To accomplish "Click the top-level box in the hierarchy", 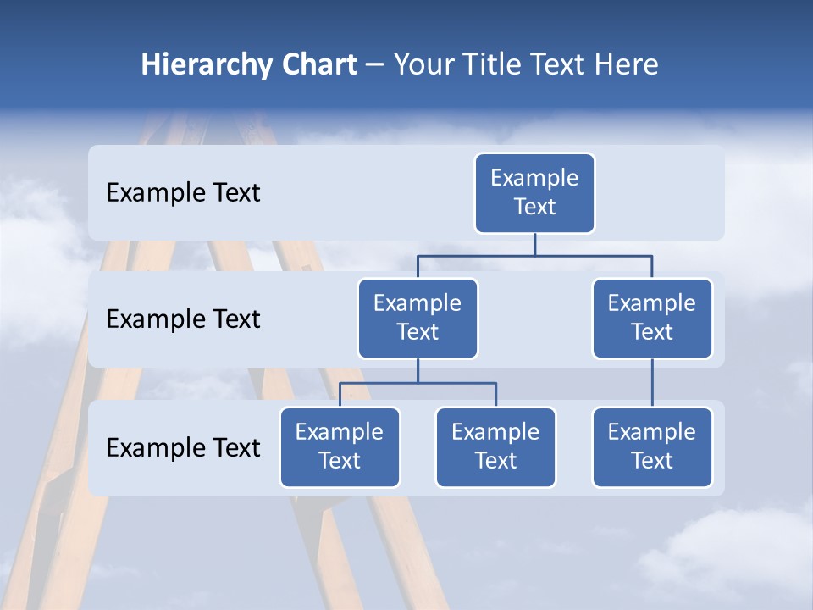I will pos(534,193).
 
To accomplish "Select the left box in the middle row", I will pos(418,319).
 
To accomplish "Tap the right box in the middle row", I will pos(652,319).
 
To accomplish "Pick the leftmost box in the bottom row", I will pos(340,447).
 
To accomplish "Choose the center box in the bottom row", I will pos(495,447).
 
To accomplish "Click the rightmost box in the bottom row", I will pos(652,447).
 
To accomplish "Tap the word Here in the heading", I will pos(628,64).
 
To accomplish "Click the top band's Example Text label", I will pos(183,193).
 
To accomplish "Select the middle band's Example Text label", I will pos(183,319).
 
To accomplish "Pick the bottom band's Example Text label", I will pos(183,448).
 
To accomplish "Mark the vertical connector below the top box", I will pos(534,244).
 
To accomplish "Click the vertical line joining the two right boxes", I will pos(652,383).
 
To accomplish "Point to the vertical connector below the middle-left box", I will pos(418,370).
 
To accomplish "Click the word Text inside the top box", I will pos(534,207).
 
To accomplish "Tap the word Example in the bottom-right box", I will pos(652,432).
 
